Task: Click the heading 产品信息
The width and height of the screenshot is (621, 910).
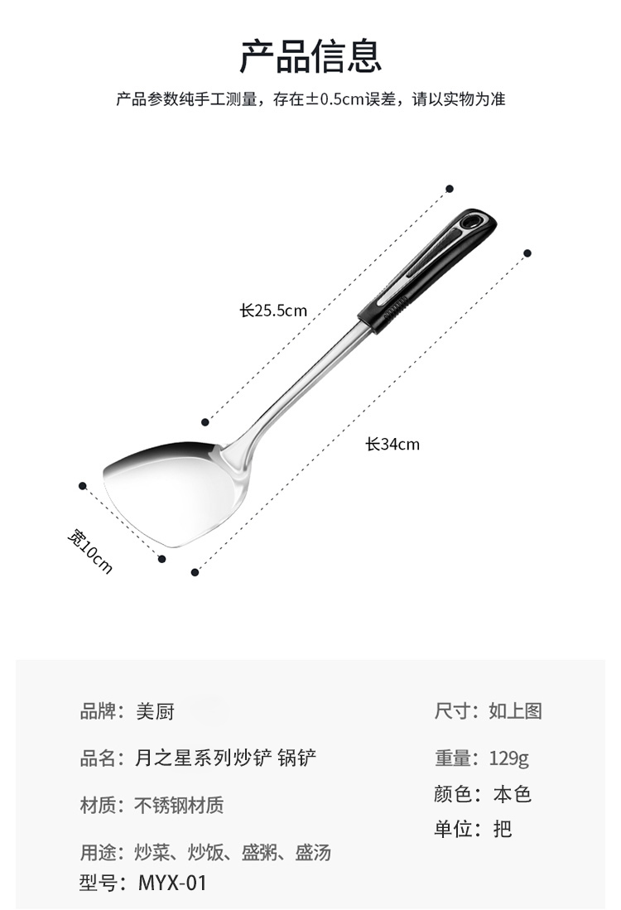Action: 310,56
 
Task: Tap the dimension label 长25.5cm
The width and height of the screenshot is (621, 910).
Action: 273,311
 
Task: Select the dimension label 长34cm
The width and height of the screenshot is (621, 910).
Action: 392,445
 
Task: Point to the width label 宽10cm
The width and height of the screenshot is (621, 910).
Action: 89,551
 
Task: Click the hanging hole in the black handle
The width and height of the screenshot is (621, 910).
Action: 473,222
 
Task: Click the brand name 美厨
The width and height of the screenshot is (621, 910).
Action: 155,711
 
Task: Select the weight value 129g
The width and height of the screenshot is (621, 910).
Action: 509,758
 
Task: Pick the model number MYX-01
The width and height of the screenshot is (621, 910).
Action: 172,883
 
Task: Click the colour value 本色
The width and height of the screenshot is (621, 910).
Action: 512,794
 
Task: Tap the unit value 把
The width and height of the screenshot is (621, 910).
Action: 503,829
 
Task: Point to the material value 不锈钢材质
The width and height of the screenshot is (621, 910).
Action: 179,805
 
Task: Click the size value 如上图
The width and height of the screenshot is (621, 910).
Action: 515,711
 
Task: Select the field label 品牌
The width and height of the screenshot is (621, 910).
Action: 99,711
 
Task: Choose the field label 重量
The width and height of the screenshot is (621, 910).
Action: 454,758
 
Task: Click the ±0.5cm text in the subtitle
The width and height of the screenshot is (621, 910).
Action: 335,100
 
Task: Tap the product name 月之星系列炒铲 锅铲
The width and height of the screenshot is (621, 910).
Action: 225,758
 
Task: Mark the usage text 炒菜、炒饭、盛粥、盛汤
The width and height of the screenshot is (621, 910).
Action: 233,852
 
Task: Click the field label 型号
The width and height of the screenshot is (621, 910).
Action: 99,883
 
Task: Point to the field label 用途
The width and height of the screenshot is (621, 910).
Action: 99,852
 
